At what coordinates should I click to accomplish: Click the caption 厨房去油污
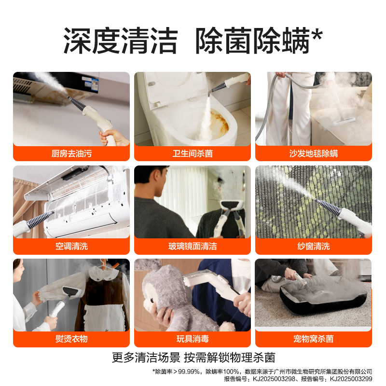[x=71, y=153]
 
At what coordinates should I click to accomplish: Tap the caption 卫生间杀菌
[x=193, y=153]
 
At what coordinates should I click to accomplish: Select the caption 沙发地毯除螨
[x=314, y=153]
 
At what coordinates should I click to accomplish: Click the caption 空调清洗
[x=71, y=246]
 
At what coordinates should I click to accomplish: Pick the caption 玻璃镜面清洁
[x=193, y=246]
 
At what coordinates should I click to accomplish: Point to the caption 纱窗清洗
[x=314, y=246]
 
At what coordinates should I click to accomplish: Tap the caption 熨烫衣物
[x=71, y=339]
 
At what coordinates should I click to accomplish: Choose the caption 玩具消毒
[x=193, y=339]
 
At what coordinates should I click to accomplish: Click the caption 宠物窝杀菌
[x=314, y=339]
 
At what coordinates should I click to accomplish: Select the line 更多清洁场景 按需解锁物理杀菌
[x=193, y=358]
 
